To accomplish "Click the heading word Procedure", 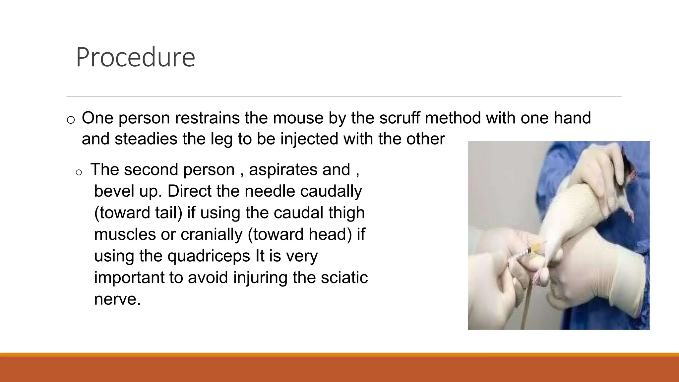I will pyautogui.click(x=135, y=57).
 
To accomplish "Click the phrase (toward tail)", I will pyautogui.click(x=138, y=213).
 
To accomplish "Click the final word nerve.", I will pyautogui.click(x=117, y=299).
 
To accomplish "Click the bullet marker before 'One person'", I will pyautogui.click(x=71, y=120).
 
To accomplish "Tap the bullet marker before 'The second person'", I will pyautogui.click(x=79, y=172).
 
